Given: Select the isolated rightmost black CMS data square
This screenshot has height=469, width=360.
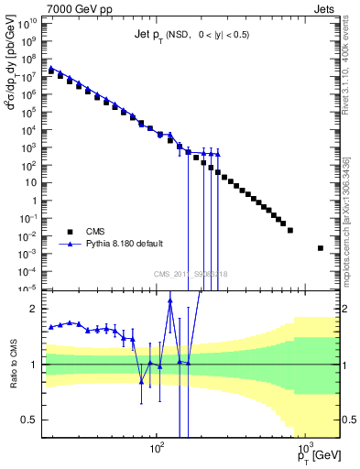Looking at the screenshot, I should tap(320, 248).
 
